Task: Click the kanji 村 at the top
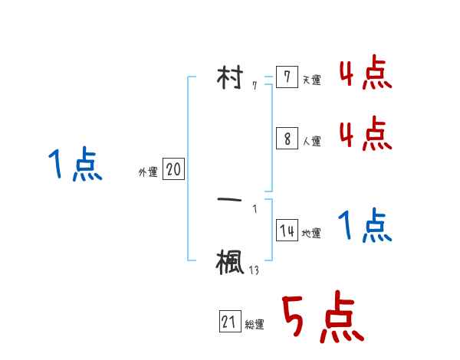point(231,79)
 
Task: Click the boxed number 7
point(287,78)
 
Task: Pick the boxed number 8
point(287,139)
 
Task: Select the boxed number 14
point(287,231)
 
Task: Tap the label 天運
point(311,80)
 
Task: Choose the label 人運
point(311,142)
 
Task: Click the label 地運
point(311,234)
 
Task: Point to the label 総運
point(255,325)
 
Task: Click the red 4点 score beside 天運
point(366,75)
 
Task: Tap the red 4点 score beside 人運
point(366,133)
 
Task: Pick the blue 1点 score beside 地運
point(365,227)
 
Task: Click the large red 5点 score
point(321,319)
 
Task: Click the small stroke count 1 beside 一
point(255,208)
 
